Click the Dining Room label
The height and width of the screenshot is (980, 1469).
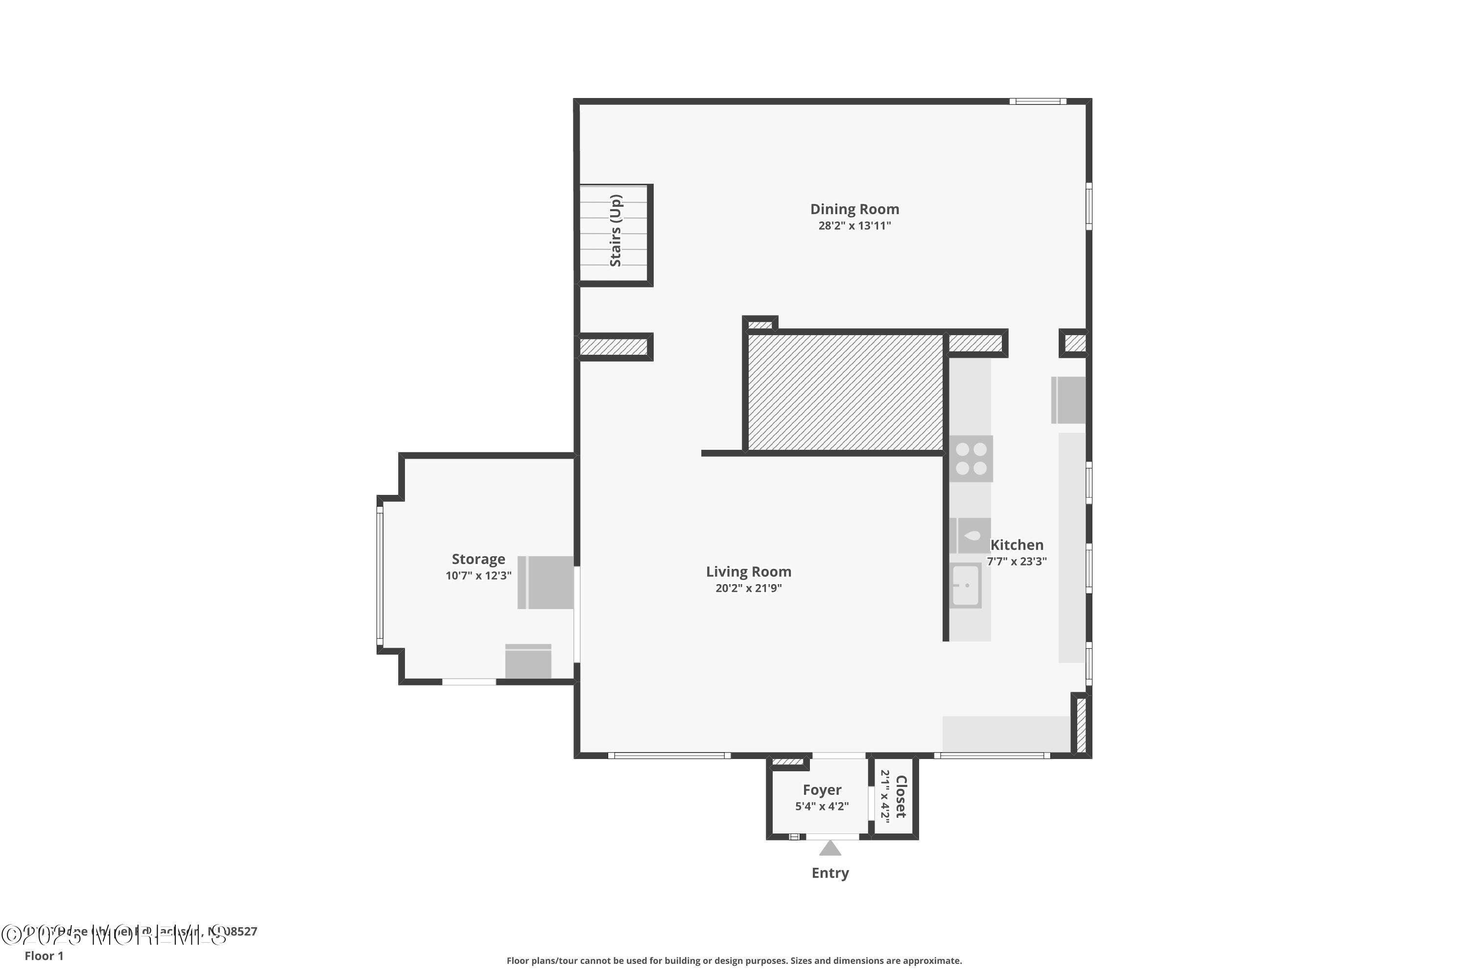coord(854,209)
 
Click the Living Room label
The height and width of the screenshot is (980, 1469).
coord(748,572)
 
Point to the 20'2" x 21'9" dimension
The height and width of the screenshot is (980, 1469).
coord(748,588)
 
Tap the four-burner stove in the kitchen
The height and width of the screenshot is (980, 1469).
coord(971,458)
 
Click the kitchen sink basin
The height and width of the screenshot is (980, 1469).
coord(966,586)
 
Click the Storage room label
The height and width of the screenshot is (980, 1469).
coord(478,560)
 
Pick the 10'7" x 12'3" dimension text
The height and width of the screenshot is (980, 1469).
coord(478,576)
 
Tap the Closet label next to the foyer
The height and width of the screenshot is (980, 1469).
coord(900,796)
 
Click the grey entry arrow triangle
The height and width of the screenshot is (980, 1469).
coord(829,849)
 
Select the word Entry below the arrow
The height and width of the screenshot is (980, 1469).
coord(829,873)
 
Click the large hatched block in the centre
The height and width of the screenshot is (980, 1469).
coord(844,392)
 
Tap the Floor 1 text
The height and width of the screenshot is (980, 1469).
coord(44,955)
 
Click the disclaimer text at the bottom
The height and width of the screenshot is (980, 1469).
coord(734,960)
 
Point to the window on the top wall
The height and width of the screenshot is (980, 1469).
coord(1038,101)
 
